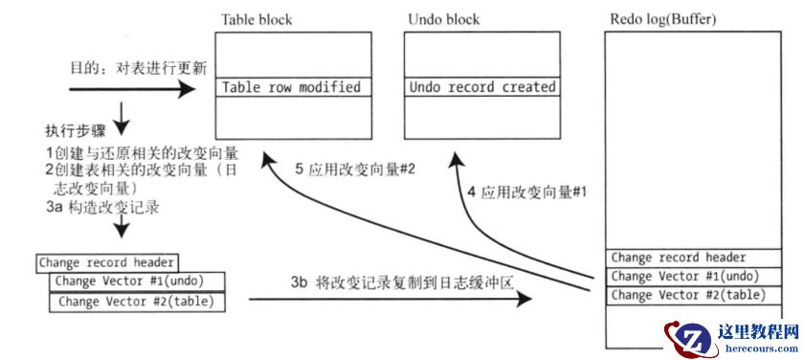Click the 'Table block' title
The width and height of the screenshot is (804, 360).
(x=257, y=20)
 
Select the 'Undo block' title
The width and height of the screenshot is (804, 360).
(x=443, y=20)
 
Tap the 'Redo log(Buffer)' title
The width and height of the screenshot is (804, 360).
(x=663, y=19)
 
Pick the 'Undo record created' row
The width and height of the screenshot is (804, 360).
(x=482, y=87)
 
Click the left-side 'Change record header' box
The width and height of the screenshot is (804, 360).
(x=107, y=262)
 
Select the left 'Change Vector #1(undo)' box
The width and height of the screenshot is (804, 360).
(x=137, y=281)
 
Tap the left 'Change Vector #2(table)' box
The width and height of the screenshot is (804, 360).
(x=137, y=302)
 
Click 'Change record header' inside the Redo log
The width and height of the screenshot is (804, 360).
(x=693, y=258)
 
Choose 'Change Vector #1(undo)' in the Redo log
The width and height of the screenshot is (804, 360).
(x=693, y=277)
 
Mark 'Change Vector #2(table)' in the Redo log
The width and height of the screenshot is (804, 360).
(x=693, y=296)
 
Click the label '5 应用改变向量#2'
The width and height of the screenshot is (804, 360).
(x=354, y=169)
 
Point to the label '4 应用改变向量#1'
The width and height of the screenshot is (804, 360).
(x=526, y=192)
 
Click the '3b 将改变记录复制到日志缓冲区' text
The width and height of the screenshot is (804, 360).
(x=403, y=282)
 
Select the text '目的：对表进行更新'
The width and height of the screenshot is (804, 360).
(x=139, y=69)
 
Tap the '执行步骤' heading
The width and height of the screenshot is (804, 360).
(x=76, y=131)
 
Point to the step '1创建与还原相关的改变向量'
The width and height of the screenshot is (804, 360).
(x=142, y=153)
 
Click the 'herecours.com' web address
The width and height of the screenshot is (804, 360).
(x=762, y=349)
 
